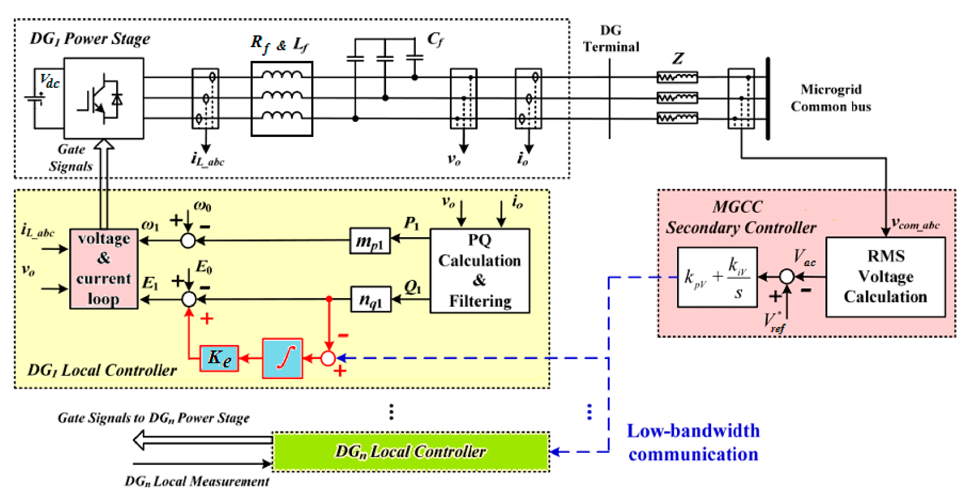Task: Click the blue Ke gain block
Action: point(219,358)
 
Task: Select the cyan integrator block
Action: point(282,358)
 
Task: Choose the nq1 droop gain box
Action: point(370,299)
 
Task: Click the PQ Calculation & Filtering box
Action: point(480,271)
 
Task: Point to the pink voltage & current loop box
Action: point(104,269)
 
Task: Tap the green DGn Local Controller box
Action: point(410,451)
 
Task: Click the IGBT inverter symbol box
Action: point(104,98)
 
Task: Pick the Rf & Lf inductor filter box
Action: point(281,98)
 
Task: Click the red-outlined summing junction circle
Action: point(328,358)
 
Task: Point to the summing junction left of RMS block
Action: point(786,277)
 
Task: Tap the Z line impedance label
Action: point(678,58)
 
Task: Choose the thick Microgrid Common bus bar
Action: point(767,98)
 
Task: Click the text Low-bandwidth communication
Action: point(693,443)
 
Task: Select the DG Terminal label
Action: point(611,39)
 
